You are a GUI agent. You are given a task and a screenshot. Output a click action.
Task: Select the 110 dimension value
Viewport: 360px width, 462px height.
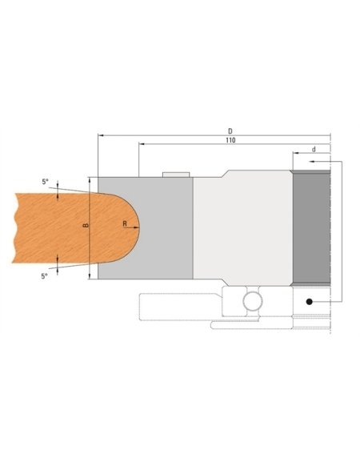[x=231, y=139]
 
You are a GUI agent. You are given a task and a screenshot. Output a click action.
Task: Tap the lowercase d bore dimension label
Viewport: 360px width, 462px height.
[x=314, y=149]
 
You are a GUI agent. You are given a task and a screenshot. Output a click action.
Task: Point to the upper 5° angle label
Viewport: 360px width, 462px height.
[x=45, y=182]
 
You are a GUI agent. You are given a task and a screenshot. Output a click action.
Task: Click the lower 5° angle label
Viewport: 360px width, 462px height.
[x=45, y=275]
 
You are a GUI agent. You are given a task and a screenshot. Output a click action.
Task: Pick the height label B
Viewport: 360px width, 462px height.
[x=85, y=227]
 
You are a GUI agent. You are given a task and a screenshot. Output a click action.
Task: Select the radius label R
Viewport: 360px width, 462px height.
[x=126, y=225]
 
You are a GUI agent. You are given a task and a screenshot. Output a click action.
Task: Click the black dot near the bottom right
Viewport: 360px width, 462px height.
[x=307, y=301]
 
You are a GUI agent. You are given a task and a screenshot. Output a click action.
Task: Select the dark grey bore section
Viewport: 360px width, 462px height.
[x=312, y=228]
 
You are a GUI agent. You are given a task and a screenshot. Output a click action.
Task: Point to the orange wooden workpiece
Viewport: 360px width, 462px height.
[x=56, y=227]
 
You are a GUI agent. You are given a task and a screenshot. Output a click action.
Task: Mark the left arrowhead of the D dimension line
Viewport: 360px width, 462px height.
[x=101, y=135]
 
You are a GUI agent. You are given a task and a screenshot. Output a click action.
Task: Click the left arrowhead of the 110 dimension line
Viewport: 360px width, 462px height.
[x=142, y=144]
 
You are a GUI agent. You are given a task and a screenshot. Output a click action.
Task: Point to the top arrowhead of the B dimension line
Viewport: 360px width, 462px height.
[x=89, y=180]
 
